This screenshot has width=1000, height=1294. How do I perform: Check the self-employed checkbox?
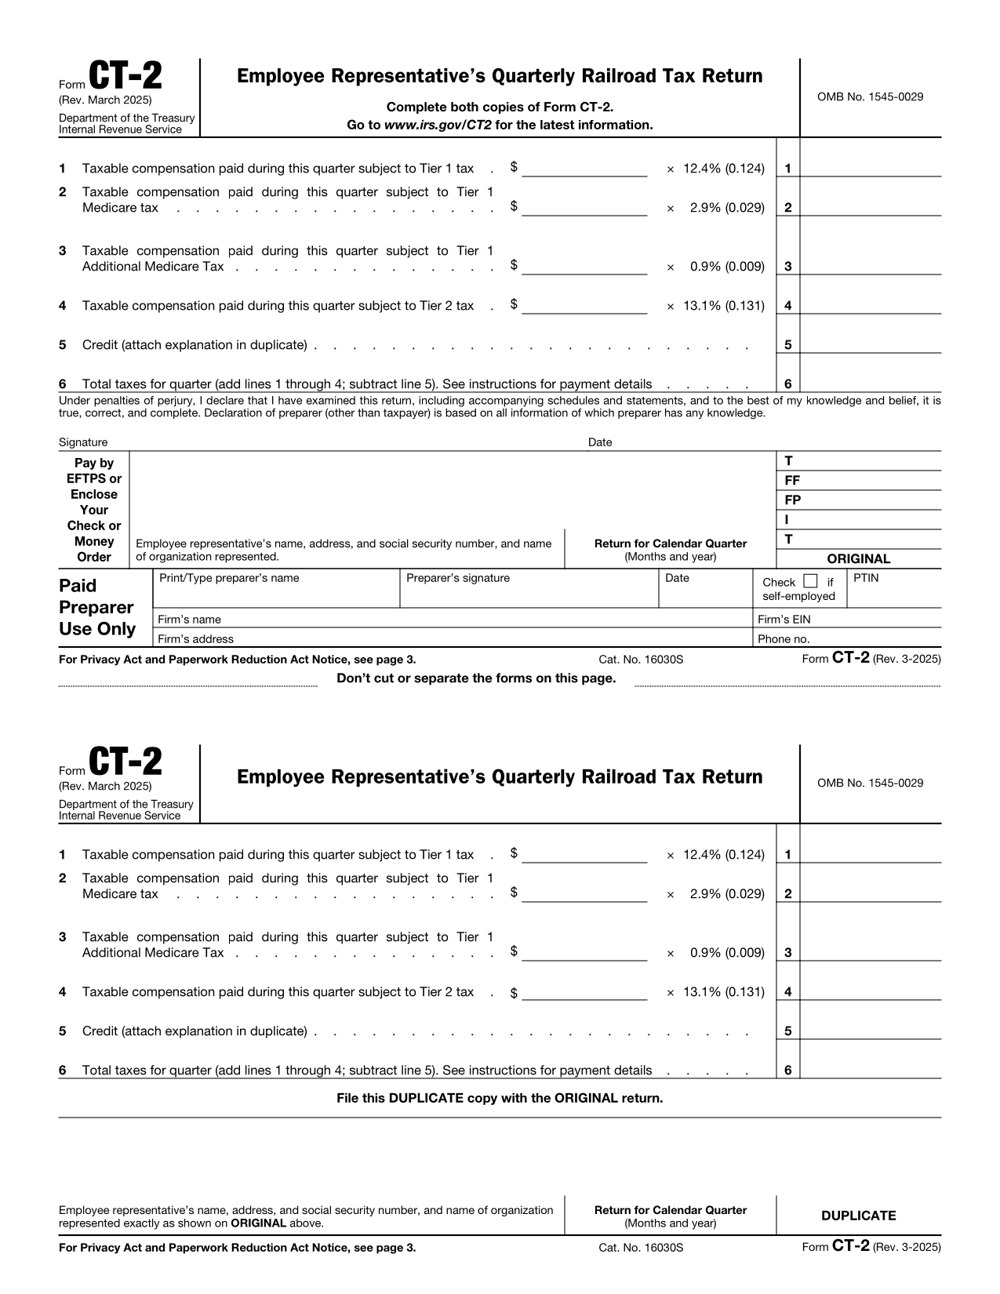811,581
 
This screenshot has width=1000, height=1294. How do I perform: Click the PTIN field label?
866,578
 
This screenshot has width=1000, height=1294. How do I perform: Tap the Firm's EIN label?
784,620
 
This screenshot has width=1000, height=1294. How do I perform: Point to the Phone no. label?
784,639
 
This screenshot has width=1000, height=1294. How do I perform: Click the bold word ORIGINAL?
859,559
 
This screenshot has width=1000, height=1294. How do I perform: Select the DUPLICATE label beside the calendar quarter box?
858,1216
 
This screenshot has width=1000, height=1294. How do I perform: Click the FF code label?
792,481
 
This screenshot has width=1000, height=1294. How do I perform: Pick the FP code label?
792,500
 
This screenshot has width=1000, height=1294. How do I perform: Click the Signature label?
83,442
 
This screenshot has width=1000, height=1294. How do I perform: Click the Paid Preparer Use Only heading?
96,608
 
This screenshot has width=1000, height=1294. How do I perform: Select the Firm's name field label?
190,620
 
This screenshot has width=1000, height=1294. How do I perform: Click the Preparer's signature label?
458,578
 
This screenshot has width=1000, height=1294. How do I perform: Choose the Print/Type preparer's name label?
229,578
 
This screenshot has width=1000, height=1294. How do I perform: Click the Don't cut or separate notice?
476,678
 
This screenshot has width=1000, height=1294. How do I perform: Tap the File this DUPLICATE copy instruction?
500,1098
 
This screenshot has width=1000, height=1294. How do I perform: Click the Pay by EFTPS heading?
94,510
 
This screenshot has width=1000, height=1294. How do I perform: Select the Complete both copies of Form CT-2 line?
500,107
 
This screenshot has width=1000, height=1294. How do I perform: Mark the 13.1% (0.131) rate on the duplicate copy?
723,992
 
